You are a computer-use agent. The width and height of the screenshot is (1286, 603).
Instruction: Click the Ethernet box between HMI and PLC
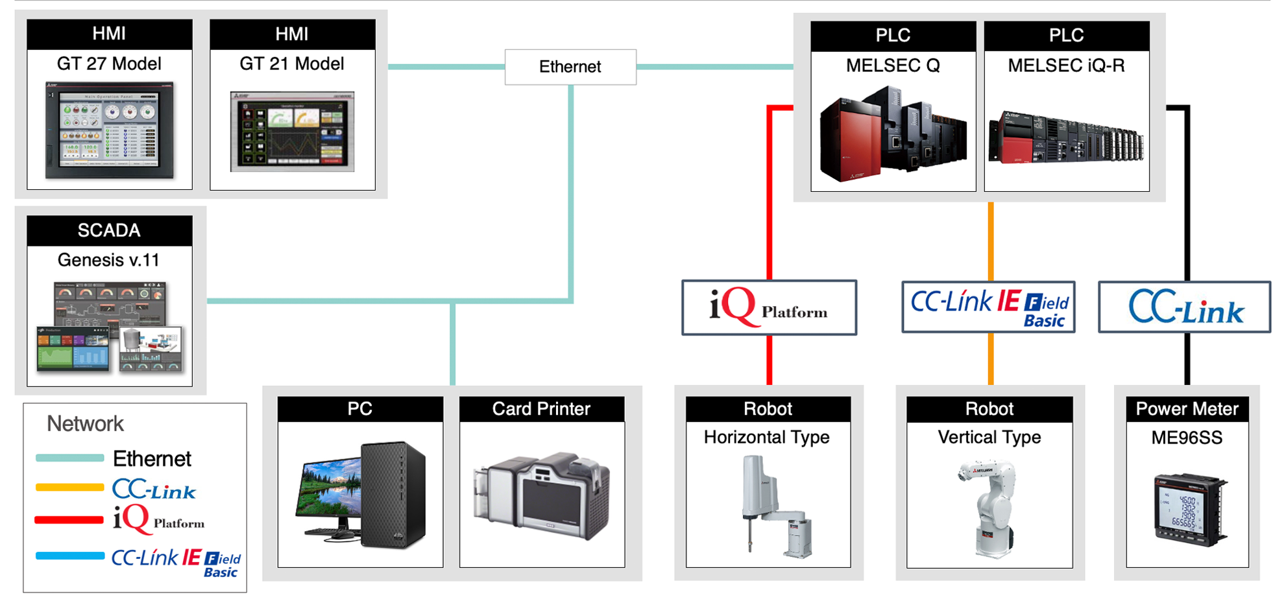[570, 67]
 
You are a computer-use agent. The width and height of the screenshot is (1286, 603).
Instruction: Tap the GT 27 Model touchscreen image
[110, 130]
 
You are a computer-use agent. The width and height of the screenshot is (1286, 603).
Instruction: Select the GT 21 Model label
[292, 64]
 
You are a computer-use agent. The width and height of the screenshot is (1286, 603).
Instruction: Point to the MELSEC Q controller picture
[893, 133]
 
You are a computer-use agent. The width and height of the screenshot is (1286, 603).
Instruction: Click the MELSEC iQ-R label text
[1066, 65]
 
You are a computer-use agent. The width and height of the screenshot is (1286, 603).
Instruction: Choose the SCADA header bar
[109, 230]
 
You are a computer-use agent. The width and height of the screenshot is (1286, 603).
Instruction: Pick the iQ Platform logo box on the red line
[769, 307]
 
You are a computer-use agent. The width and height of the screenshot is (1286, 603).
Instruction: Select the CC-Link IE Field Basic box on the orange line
[989, 307]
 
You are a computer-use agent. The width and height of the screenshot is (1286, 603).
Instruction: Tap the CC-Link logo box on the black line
[1184, 307]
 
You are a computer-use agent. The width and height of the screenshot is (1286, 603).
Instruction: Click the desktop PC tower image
[393, 494]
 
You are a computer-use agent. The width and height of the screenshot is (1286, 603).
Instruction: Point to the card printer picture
[542, 496]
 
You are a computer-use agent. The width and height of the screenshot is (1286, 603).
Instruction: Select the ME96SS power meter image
[1189, 510]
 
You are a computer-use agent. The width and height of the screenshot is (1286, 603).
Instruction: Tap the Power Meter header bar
[1187, 409]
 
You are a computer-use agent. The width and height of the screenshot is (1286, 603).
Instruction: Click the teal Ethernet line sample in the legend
[69, 458]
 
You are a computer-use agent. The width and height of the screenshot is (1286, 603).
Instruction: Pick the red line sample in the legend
[69, 520]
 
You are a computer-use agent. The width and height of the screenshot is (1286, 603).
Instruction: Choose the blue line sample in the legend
[69, 556]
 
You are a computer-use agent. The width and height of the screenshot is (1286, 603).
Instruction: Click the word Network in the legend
[85, 424]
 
